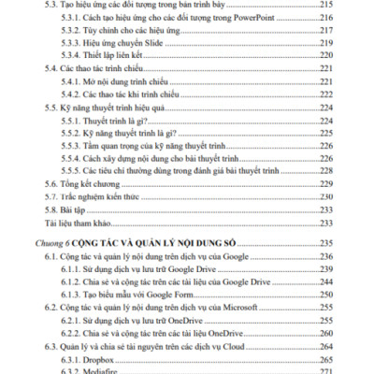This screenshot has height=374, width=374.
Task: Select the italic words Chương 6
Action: pyautogui.click(x=62, y=243)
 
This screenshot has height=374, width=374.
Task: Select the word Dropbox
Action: pyautogui.click(x=102, y=358)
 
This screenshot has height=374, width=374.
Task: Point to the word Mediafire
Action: pyautogui.click(x=104, y=370)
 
